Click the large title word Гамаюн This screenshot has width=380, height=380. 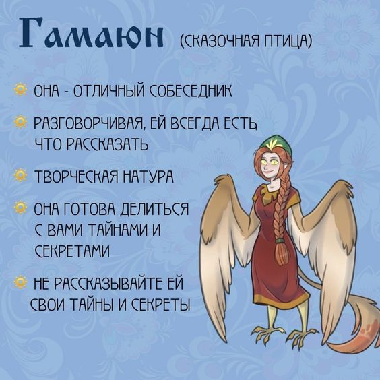[91, 32]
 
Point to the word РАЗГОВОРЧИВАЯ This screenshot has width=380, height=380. [90, 123]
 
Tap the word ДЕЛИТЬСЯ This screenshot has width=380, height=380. [154, 209]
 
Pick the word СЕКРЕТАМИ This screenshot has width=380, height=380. [72, 251]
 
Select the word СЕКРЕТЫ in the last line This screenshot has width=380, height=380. [161, 304]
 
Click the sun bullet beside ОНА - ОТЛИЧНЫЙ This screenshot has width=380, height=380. [20, 90]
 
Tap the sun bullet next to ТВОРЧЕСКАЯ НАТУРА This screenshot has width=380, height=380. [20, 175]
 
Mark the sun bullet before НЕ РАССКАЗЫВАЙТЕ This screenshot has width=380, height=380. [20, 282]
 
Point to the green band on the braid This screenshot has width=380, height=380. [280, 241]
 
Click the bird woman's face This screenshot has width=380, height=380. [271, 165]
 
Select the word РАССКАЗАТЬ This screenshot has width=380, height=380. [106, 144]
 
